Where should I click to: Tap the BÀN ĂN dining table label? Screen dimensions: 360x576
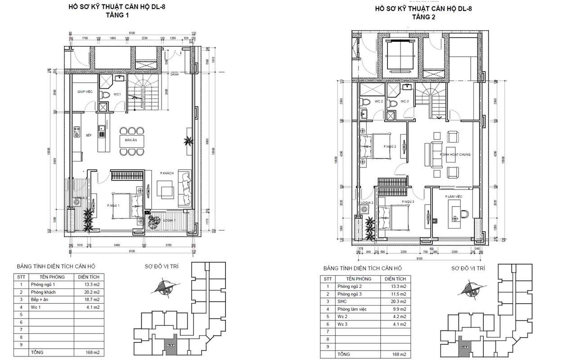tap(131, 140)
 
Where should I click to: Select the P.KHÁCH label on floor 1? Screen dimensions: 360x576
tap(166, 173)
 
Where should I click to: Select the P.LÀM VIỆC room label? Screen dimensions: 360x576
tap(454, 197)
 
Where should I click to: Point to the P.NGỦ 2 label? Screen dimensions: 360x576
tap(389, 146)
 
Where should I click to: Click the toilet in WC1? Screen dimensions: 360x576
tap(105, 95)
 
